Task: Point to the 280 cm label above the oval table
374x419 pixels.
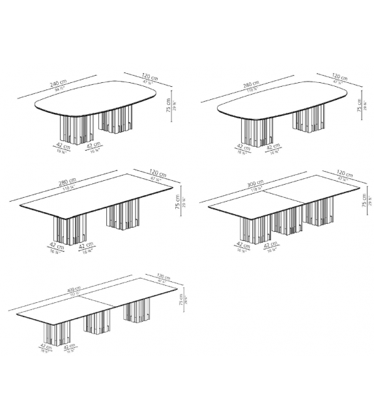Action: click(250, 85)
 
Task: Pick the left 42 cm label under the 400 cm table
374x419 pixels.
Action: click(46, 347)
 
